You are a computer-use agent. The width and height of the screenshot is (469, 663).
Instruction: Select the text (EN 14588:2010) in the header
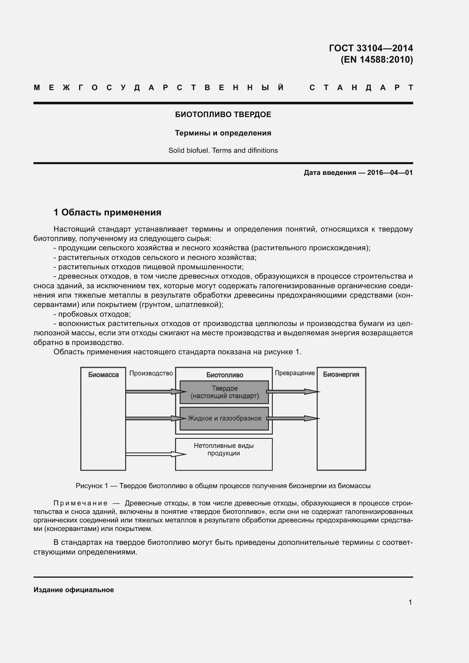pos(377,60)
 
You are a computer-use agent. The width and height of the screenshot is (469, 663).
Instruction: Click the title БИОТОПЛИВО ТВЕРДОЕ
pos(223,115)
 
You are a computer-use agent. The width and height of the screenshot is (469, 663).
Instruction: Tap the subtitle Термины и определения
pos(223,133)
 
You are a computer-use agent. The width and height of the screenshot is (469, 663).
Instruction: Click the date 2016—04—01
pos(390,173)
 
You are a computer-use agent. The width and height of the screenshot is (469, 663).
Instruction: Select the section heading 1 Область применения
pos(107,213)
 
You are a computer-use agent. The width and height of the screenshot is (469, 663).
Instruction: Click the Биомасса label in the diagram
pos(103,375)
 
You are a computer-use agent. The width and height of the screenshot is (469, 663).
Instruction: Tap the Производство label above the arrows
pos(151,373)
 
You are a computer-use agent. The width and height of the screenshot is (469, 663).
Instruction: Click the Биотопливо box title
pos(224,375)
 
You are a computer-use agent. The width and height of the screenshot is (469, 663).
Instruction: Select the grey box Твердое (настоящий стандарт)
pos(224,392)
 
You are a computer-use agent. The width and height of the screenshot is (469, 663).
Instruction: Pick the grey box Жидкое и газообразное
pos(224,418)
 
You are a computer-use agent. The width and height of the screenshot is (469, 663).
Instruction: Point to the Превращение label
pos(295,373)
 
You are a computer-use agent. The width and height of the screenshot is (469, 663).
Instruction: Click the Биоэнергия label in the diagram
pos(341,374)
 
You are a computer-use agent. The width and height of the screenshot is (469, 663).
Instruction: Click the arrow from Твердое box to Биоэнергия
pos(292,392)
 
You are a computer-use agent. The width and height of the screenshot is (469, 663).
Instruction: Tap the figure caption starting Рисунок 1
pos(223,486)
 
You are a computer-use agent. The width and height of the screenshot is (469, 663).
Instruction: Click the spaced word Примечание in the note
pos(81,503)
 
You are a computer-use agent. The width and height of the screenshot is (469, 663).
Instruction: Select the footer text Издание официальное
pos(74,590)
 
